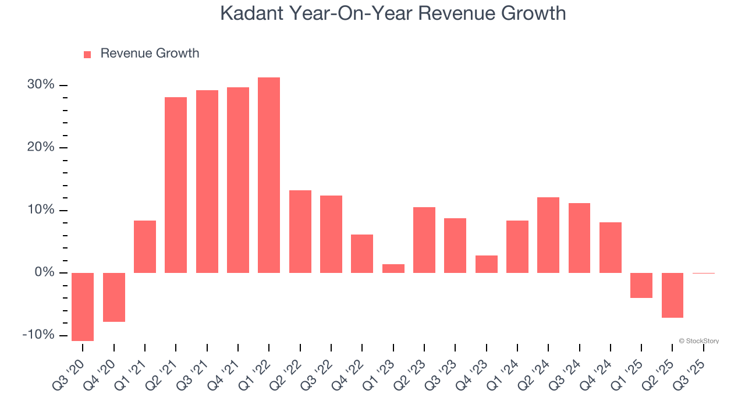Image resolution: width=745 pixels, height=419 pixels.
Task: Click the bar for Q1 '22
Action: pos(269,175)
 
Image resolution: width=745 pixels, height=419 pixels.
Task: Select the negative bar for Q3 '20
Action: pos(83,307)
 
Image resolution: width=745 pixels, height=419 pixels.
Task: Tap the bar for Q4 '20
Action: pos(114,297)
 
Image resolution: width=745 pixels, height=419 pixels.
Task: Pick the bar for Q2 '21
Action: pos(176,185)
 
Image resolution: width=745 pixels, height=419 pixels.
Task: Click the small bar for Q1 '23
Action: pos(393,269)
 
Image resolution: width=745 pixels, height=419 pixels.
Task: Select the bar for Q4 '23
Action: pos(487,264)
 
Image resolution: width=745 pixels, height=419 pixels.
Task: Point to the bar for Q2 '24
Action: pos(548,235)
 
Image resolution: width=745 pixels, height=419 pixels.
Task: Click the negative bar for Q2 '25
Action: pos(672,295)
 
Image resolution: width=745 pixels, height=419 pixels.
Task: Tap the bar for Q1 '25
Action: pos(641,285)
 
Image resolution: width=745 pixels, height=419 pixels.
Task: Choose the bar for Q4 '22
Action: pos(362,254)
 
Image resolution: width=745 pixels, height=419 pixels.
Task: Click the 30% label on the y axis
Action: pos(41,85)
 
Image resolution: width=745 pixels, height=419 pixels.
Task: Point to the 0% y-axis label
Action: pos(44,272)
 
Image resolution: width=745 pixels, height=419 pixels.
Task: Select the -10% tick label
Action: pos(38,335)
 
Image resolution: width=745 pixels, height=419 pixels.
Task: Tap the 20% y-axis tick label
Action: pos(41,147)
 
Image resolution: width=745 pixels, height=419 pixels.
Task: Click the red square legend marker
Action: pos(87,54)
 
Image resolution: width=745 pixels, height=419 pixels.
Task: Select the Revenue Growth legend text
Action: pos(150,54)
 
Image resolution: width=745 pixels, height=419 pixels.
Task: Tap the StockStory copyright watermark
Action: pos(698,341)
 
